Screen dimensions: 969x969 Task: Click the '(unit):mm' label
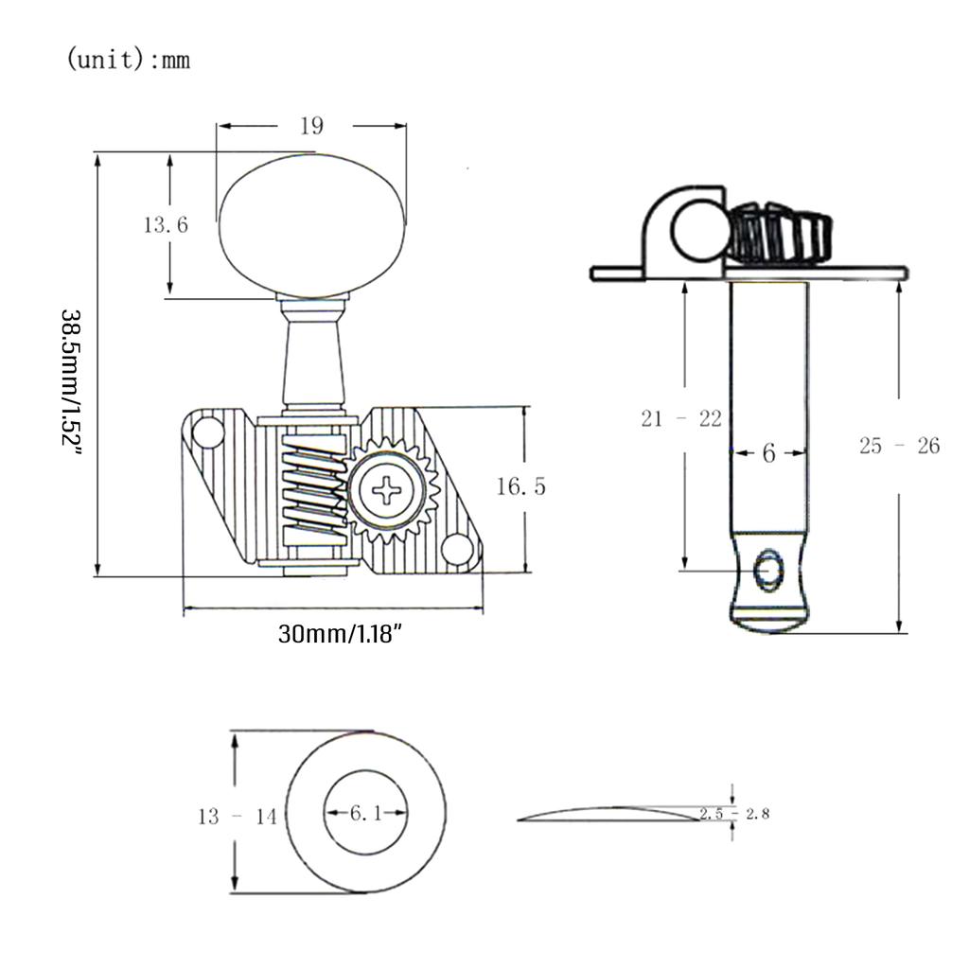[x=128, y=60]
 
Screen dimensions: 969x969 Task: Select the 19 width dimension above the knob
[x=311, y=126]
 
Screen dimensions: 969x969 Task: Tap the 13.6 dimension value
[x=166, y=224]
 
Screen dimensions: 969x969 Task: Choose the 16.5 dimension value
[x=521, y=486]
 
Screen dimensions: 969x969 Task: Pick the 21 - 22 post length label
[x=681, y=419]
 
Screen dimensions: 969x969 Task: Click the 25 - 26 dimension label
[x=899, y=446]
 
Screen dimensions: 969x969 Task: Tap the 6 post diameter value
[x=768, y=453]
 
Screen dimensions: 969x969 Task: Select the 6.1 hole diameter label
[x=366, y=813]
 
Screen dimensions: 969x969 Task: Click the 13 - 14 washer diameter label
[x=238, y=817]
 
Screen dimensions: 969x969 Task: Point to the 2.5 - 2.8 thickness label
[x=734, y=813]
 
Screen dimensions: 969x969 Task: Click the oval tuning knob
[x=312, y=225]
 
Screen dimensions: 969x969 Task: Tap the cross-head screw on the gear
[x=387, y=490]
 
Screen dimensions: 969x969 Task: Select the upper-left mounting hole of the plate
[x=207, y=432]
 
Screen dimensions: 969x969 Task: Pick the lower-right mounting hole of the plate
[x=458, y=548]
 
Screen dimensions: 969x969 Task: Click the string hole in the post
[x=770, y=570]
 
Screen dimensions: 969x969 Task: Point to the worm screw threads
[x=314, y=489]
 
